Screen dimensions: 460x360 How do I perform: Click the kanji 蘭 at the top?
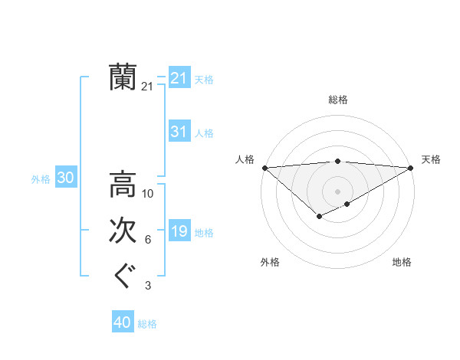[x=123, y=77]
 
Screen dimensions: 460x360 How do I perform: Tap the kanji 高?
[x=123, y=185]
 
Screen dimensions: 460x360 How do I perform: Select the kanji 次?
[x=123, y=231]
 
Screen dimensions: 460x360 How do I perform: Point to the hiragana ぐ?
[x=123, y=277]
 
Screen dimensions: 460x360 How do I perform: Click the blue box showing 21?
[x=179, y=78]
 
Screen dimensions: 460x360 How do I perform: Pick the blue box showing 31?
[x=179, y=132]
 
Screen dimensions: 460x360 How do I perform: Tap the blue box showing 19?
[x=179, y=231]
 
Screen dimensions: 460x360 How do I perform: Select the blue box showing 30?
[x=66, y=178]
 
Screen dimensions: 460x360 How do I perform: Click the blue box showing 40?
[x=123, y=322]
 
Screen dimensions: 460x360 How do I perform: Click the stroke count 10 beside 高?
[x=148, y=194]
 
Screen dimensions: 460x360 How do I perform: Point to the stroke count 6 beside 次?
[x=148, y=241]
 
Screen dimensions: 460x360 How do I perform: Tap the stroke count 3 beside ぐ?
[x=148, y=286]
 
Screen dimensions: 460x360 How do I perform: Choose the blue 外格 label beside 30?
[x=41, y=179]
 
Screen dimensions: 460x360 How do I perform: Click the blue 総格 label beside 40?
[x=147, y=323]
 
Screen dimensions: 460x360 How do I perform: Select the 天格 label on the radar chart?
[x=431, y=159]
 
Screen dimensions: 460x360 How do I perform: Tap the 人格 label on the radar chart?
[x=245, y=159]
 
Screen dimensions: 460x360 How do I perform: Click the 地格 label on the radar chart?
[x=402, y=262]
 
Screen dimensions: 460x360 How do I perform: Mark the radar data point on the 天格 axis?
[x=412, y=167]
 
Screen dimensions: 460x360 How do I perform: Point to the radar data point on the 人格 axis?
[x=264, y=167]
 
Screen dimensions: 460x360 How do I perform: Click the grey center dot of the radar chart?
[x=338, y=191]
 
